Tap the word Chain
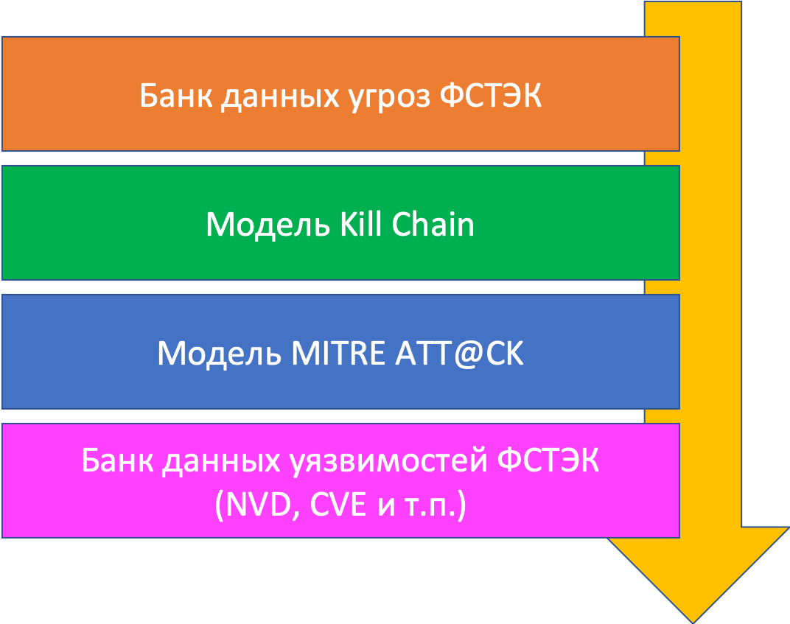433,224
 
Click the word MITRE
337,354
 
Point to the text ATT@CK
461,354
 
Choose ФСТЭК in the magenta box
549,463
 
